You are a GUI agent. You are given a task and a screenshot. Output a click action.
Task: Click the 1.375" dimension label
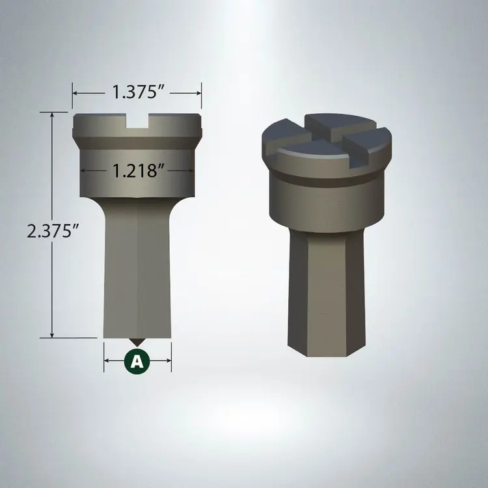tap(137, 93)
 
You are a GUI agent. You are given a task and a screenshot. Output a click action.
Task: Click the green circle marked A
tap(137, 361)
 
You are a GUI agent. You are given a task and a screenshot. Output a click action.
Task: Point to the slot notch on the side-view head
tap(137, 120)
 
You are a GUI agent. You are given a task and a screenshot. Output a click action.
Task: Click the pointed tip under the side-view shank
tap(137, 342)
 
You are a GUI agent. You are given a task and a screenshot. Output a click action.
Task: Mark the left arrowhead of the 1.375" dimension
tap(75, 93)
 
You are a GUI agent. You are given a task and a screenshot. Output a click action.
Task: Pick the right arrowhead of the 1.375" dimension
tap(198, 93)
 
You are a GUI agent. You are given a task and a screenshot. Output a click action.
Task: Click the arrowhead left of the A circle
tap(108, 361)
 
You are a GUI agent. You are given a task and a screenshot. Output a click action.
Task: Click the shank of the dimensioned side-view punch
tap(137, 273)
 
